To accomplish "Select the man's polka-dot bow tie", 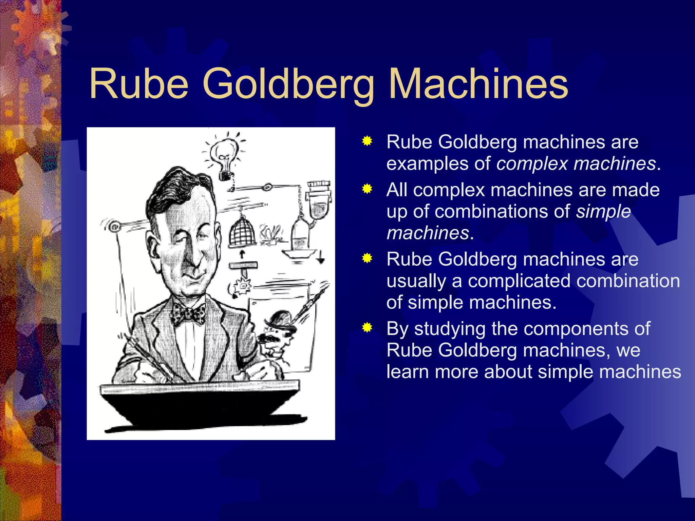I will point(189,314).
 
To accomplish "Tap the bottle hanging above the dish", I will point(300,234).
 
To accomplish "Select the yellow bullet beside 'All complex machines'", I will point(367,189).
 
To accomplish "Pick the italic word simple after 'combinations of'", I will point(603,211).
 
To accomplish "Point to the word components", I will point(563,329).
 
